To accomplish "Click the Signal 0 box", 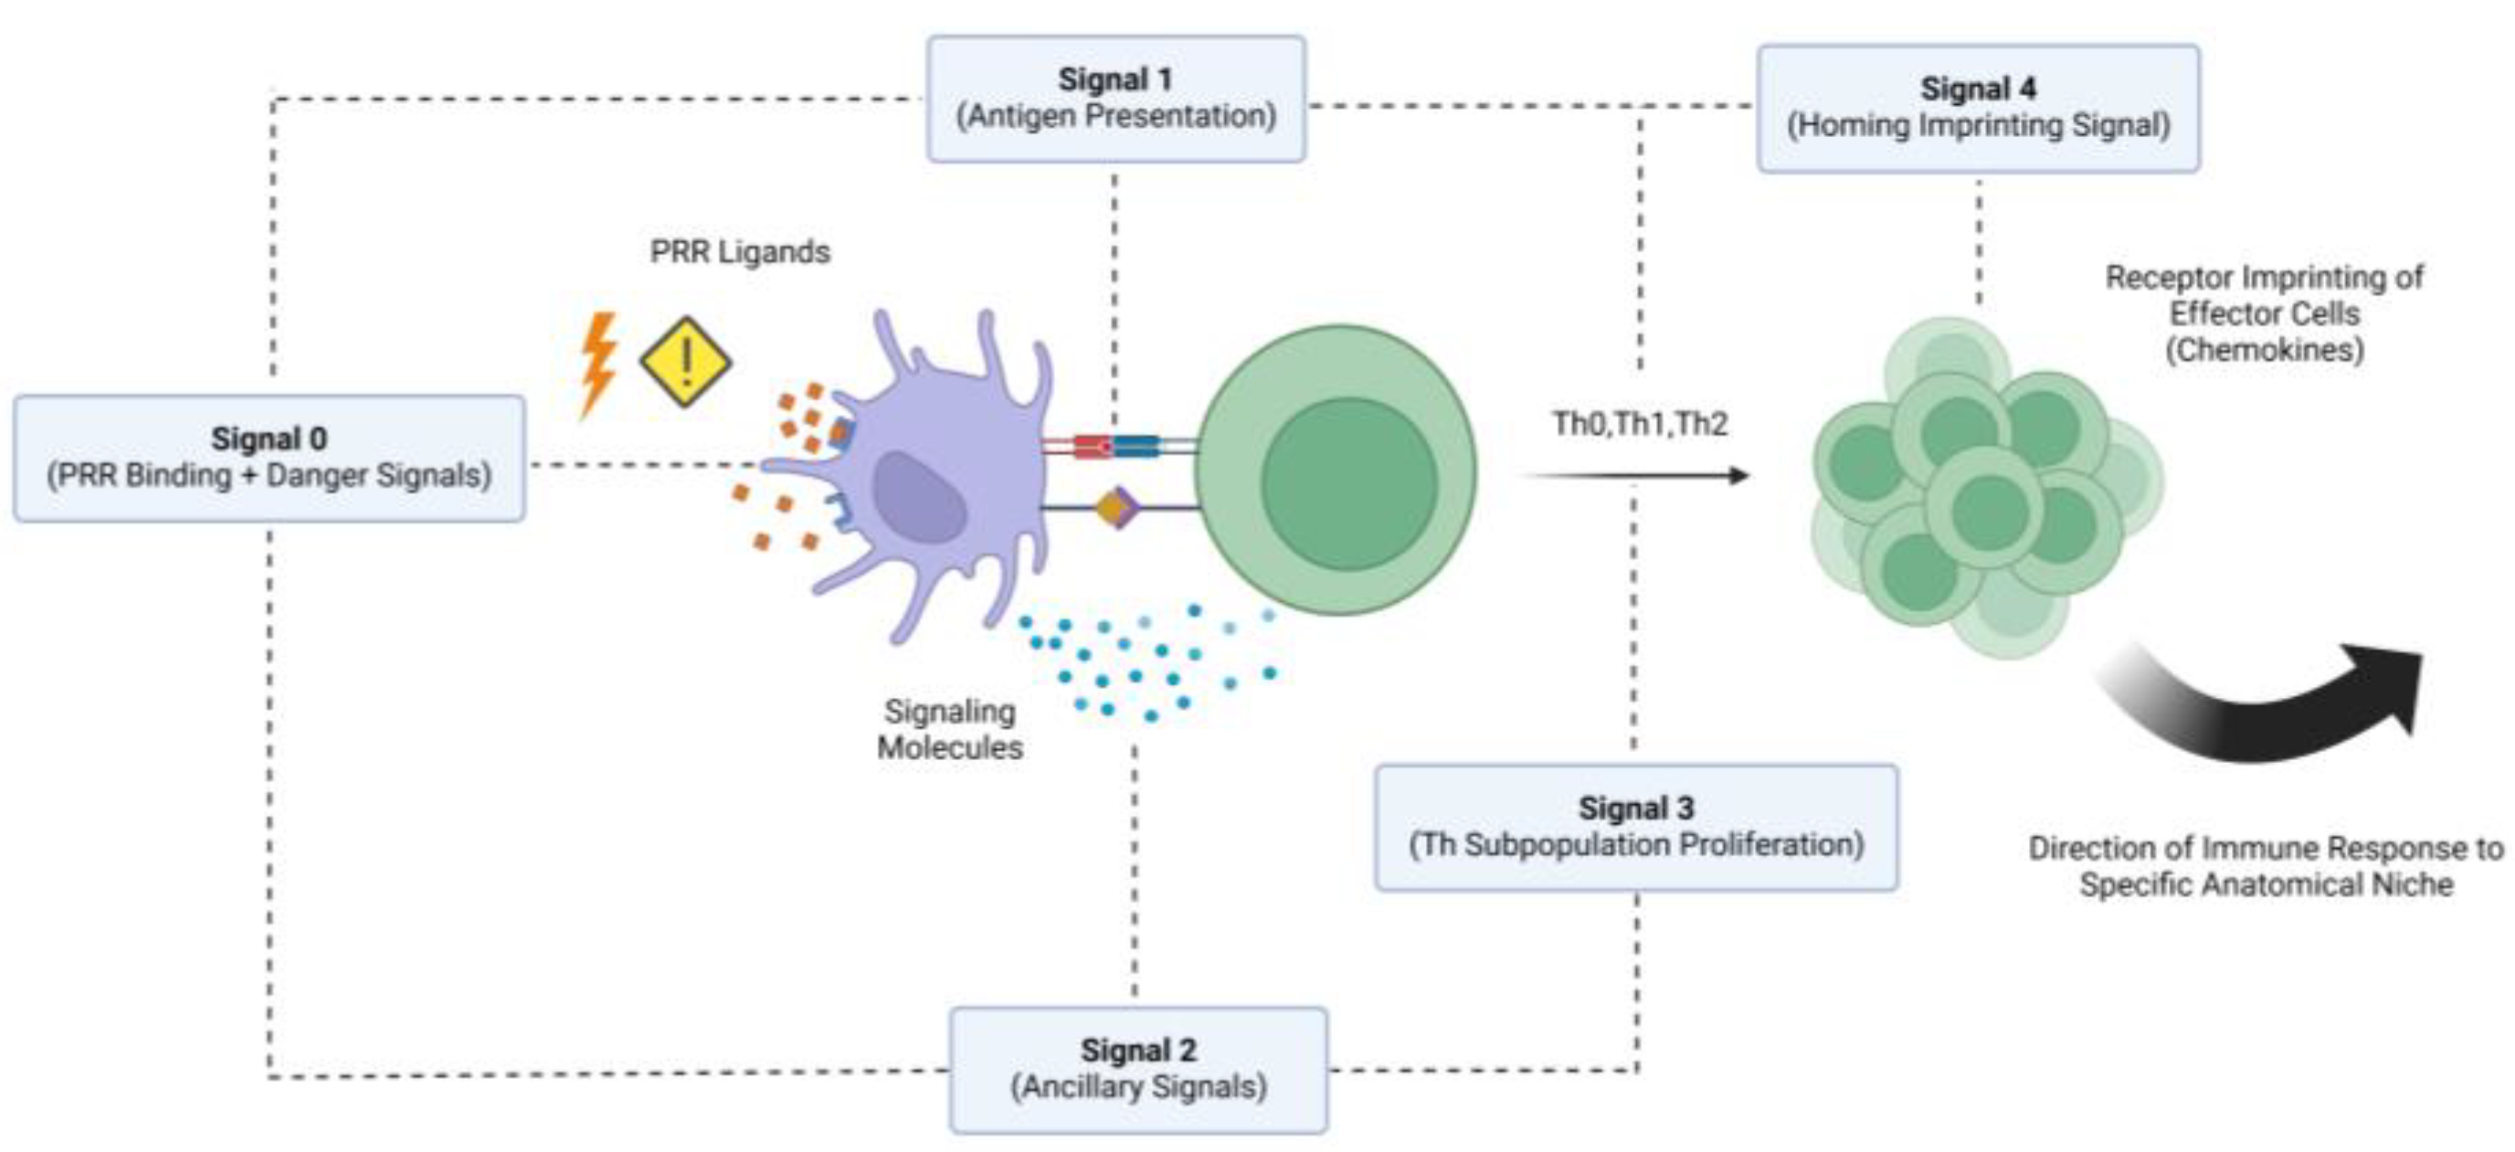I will (x=269, y=457).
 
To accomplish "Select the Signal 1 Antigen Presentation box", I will (x=1115, y=98).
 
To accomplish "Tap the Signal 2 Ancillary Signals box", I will (x=1137, y=1068).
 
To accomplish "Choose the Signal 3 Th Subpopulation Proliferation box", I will (x=1635, y=826).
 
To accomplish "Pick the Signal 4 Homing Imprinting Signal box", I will (x=1978, y=108).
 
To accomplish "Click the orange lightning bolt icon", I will (x=597, y=364).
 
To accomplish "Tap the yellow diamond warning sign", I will (x=685, y=361).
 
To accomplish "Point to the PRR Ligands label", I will (x=739, y=252).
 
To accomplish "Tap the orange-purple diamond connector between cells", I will (x=1116, y=508).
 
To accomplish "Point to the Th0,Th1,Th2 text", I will (x=1639, y=424).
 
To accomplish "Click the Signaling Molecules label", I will (x=949, y=728).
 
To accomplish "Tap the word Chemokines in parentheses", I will (x=2264, y=350).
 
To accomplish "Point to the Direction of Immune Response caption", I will (x=2265, y=865).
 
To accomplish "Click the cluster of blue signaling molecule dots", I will (x=1142, y=659).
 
